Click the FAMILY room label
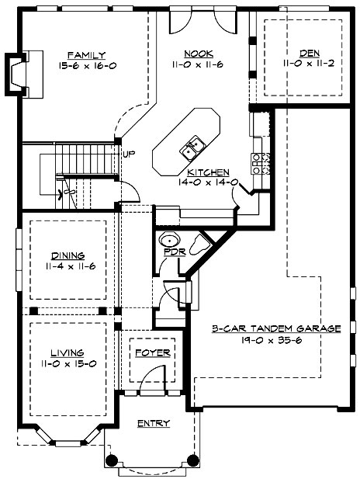coord(81,54)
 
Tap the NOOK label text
coord(193,54)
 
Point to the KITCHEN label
coord(207,172)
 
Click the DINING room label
coord(68,255)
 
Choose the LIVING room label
coord(67,352)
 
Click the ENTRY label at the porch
coord(153,423)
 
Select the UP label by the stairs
coord(129,154)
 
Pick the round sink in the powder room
coord(169,238)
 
